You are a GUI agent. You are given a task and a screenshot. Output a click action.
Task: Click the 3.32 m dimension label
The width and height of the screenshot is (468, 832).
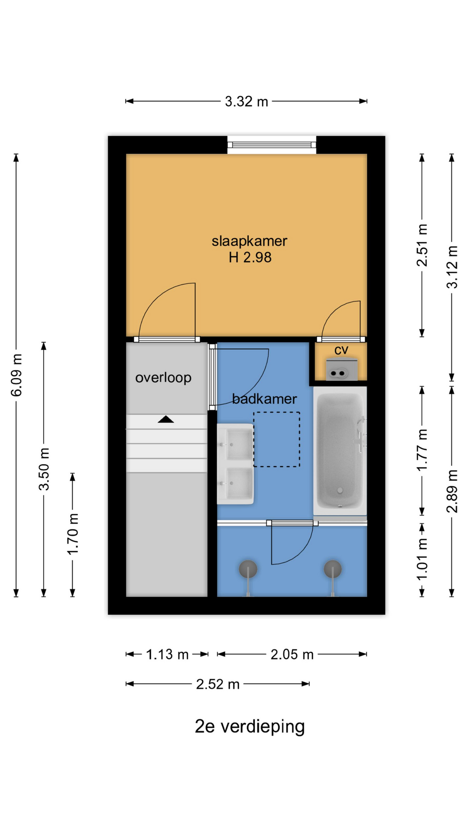pyautogui.click(x=246, y=102)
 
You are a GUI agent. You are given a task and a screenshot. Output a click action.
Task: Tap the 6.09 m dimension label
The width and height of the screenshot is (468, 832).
pyautogui.click(x=17, y=375)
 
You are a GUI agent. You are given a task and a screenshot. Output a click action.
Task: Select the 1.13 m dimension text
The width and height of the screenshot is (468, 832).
pyautogui.click(x=167, y=654)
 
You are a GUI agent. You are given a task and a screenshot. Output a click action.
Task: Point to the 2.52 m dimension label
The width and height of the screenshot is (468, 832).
pyautogui.click(x=218, y=684)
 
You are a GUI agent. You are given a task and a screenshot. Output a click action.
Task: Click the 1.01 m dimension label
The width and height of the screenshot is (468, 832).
pyautogui.click(x=422, y=559)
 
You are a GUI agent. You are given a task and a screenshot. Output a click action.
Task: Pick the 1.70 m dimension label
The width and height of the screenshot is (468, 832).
pyautogui.click(x=73, y=534)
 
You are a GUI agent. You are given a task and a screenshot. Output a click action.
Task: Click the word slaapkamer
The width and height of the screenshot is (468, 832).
pyautogui.click(x=249, y=241)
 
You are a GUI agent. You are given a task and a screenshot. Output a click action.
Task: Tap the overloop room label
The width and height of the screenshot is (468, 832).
pyautogui.click(x=163, y=378)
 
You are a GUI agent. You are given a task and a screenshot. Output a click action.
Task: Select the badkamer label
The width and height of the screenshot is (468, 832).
pyautogui.click(x=264, y=399)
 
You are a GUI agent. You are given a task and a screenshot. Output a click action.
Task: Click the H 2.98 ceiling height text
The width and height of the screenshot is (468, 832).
pyautogui.click(x=250, y=257)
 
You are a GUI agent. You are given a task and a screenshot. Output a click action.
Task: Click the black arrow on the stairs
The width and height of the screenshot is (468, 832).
pyautogui.click(x=166, y=419)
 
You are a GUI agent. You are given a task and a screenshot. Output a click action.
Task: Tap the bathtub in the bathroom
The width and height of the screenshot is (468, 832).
pyautogui.click(x=340, y=451)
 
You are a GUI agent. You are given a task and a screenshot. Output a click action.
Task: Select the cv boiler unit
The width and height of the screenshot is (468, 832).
pyautogui.click(x=342, y=370)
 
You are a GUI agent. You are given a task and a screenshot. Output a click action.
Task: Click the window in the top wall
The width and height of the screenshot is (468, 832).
pyautogui.click(x=272, y=145)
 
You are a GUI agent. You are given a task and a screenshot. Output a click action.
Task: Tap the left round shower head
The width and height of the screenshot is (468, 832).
pyautogui.click(x=248, y=569)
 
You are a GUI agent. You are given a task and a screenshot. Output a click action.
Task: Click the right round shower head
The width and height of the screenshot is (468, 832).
pyautogui.click(x=333, y=569)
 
